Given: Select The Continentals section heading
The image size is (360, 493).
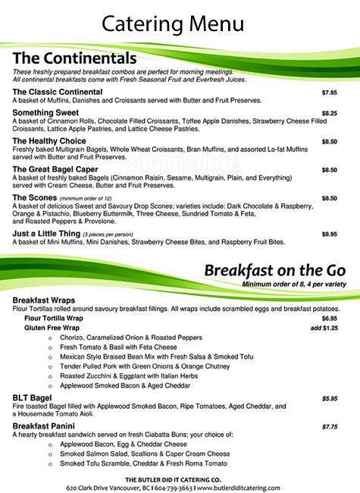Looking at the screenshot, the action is tap(75, 58).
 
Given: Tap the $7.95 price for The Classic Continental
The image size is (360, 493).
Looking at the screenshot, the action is tap(329, 93).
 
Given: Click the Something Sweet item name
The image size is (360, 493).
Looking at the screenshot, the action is tap(45, 113).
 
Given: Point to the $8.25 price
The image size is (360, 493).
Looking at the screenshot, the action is tap(329, 113).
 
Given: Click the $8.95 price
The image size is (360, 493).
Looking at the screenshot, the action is tap(329, 234).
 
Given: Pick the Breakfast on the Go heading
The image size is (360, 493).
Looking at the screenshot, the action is tap(275, 271).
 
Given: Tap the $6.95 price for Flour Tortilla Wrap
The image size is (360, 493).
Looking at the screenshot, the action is tap(329, 319).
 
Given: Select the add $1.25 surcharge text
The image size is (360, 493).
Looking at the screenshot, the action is tap(324, 328).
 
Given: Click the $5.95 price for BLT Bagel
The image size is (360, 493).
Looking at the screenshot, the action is tap(329, 397).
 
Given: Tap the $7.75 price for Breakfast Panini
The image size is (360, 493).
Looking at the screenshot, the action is tap(329, 426).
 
